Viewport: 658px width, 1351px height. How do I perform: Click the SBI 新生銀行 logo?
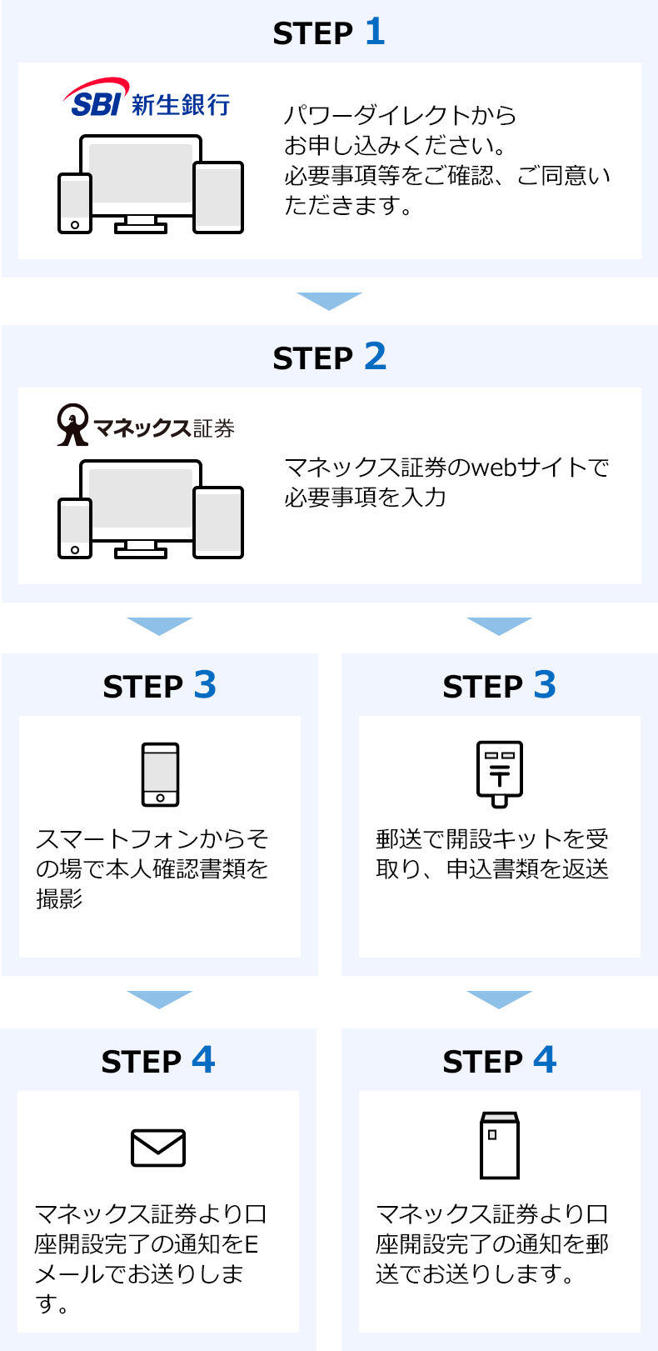coord(147,99)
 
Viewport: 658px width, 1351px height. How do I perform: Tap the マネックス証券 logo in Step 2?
coord(146,426)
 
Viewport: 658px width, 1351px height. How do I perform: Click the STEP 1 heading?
coord(329,33)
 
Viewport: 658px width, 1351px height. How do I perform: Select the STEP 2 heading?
coord(329,358)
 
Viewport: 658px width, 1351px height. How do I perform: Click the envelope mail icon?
coord(158,1148)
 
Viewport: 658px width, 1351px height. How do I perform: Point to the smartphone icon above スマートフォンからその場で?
coord(160,774)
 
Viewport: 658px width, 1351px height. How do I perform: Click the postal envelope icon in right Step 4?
coord(499,1145)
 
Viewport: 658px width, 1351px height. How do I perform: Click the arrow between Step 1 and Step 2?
coord(329,301)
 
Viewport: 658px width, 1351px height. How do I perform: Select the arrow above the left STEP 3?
coord(159,626)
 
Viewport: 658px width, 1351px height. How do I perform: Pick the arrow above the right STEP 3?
coord(499,626)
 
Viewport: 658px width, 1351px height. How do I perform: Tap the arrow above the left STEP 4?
coord(159,999)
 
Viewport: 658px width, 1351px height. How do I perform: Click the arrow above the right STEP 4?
coord(499,999)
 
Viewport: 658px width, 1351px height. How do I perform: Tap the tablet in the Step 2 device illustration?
coord(218,522)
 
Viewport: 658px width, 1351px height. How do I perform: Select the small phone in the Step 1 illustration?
coord(75,203)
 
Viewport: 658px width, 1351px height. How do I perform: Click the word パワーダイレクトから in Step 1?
coord(400,115)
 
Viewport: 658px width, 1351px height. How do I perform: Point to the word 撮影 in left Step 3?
coord(59,898)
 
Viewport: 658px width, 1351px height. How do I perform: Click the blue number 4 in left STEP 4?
coord(203,1060)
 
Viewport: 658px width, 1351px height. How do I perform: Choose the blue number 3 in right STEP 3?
coord(545,685)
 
